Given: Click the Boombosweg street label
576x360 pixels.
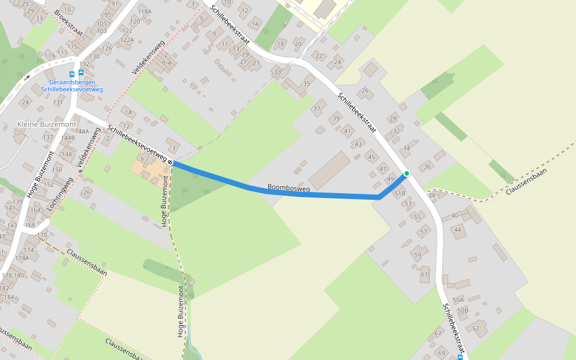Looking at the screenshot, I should [289, 188].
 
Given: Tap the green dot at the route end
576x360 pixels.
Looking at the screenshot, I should [407, 173].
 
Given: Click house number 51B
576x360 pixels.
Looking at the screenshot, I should [400, 193].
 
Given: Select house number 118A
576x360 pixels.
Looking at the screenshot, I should [145, 11].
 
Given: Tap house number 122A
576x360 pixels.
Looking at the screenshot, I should [127, 40].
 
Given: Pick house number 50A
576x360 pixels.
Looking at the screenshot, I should [459, 299].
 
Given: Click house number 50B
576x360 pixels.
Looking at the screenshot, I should [462, 310].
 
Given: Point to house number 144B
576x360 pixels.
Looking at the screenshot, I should [68, 137].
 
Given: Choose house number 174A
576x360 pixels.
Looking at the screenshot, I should [22, 258].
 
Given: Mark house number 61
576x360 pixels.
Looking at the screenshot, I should [425, 274].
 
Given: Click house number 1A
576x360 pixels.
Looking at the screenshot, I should [128, 112].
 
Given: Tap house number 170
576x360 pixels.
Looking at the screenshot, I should [42, 235].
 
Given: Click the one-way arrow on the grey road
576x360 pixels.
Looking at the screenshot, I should [26, 77].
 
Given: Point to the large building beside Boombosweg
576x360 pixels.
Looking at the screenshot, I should [329, 170].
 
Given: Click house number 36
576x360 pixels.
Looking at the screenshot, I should [427, 166].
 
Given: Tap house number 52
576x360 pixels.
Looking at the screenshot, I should [476, 328].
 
